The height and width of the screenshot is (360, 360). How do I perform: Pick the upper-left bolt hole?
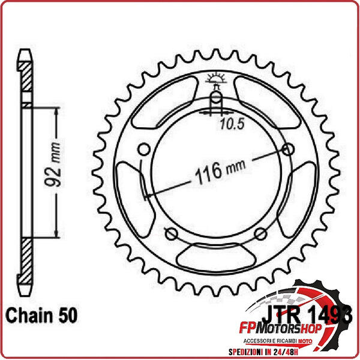coord(143,149)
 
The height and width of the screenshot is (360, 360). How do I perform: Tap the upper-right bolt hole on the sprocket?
coord(289,149)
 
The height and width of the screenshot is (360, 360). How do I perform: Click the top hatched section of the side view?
coord(26,75)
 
